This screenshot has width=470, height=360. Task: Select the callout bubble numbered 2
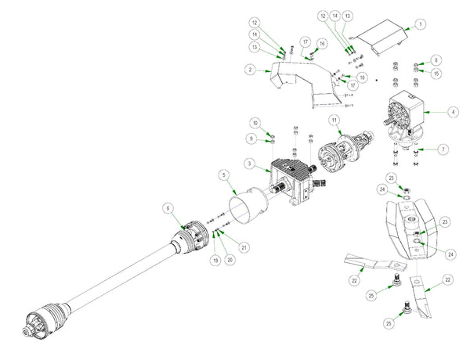point(249,70)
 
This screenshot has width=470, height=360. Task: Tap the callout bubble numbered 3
point(249,164)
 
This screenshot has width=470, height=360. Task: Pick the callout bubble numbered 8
point(436,60)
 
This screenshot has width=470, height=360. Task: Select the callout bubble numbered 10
point(255,124)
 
